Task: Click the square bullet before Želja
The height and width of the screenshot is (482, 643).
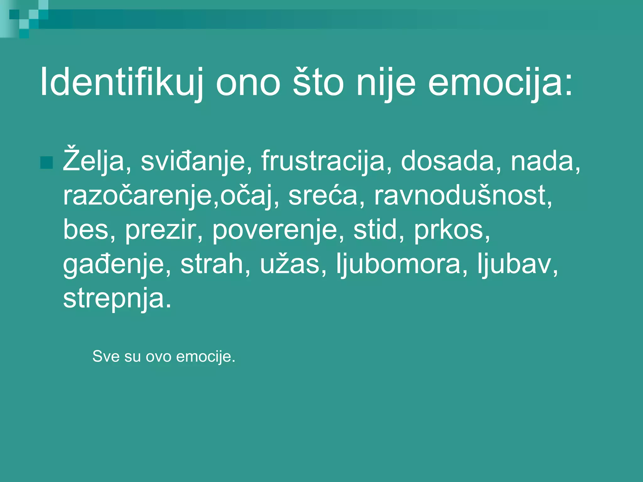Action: [x=47, y=162]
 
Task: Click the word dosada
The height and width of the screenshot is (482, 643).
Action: [x=447, y=161]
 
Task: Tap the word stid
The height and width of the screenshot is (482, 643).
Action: [x=375, y=229]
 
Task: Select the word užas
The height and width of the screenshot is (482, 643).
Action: [x=289, y=264]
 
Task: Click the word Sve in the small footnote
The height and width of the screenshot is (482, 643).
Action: [x=105, y=356]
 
